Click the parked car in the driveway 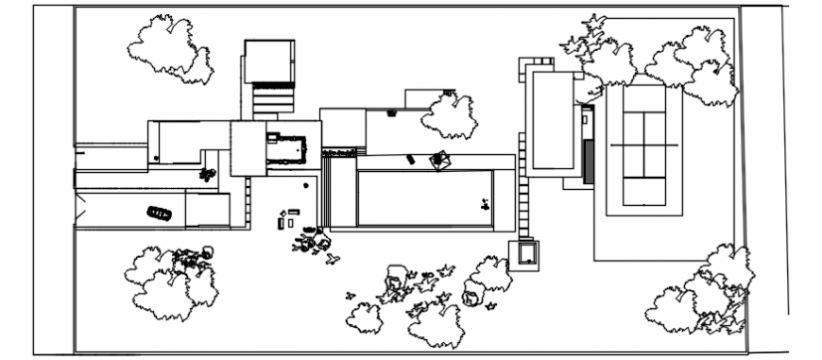tap(159, 214)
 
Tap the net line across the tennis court tap(644, 145)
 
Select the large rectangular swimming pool tap(425, 197)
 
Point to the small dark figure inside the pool tap(485, 202)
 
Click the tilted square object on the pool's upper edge tap(439, 161)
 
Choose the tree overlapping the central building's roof tap(450, 114)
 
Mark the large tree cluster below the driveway tap(173, 279)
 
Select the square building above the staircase tap(269, 61)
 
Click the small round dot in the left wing tap(156, 158)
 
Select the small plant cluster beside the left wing tap(208, 174)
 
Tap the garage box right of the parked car tap(208, 210)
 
